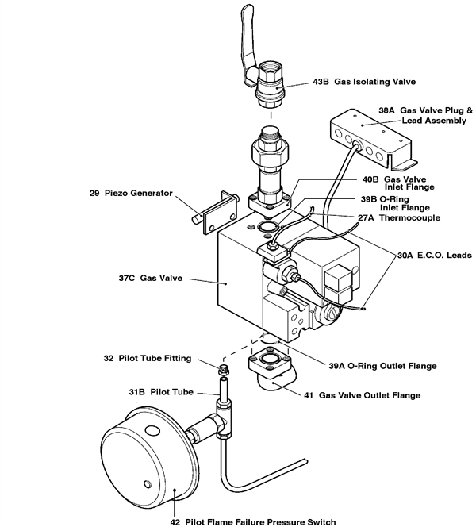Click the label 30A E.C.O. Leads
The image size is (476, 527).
coord(434,256)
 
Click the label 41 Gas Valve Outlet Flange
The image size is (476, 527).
coord(369,394)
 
